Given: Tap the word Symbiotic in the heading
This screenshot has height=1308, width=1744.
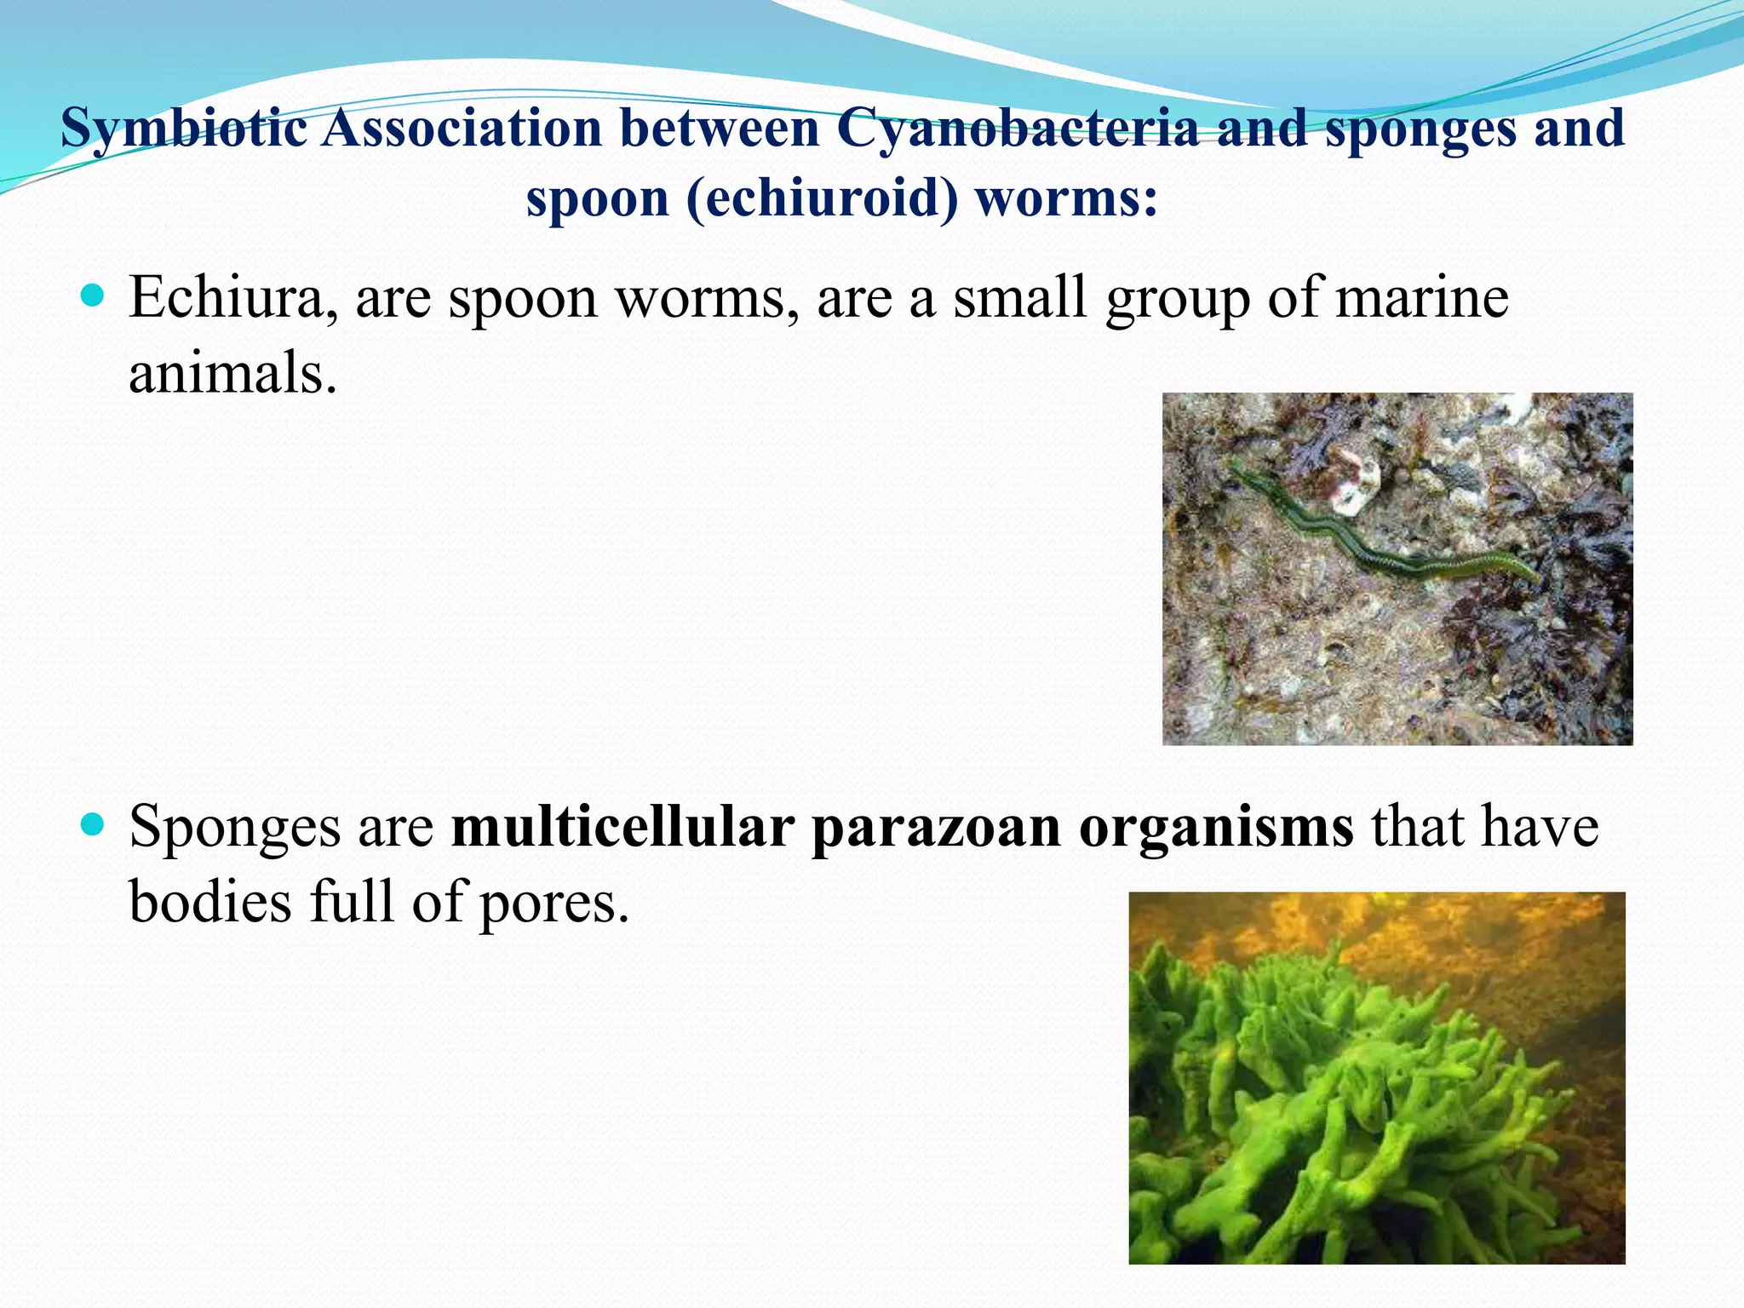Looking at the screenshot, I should click(183, 129).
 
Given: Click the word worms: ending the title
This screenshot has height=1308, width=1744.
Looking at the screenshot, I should click(1066, 199).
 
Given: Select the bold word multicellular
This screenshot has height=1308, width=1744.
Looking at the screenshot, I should click(622, 827).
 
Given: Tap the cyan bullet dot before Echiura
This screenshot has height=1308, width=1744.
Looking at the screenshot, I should click(92, 297).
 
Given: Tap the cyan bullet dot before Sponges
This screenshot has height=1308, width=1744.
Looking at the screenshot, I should click(92, 825).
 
